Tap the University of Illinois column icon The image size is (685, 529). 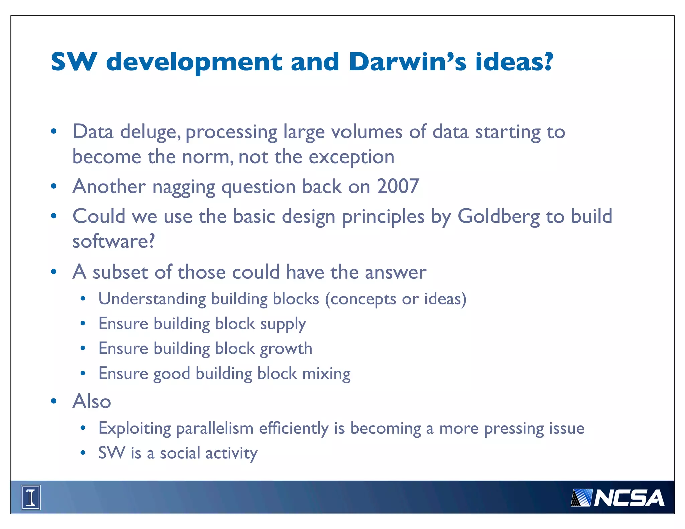(x=31, y=497)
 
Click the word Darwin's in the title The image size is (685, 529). (x=407, y=62)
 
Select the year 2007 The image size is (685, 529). (x=398, y=186)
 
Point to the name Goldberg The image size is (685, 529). (x=498, y=216)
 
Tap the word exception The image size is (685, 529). (x=352, y=157)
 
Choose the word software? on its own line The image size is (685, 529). (x=114, y=241)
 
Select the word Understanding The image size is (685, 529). (x=152, y=299)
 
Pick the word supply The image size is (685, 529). (x=283, y=324)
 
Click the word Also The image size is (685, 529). (x=92, y=401)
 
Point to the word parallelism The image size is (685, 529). (x=214, y=429)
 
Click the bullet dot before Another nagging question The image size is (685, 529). (x=54, y=186)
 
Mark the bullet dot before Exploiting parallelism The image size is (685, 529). (x=83, y=428)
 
